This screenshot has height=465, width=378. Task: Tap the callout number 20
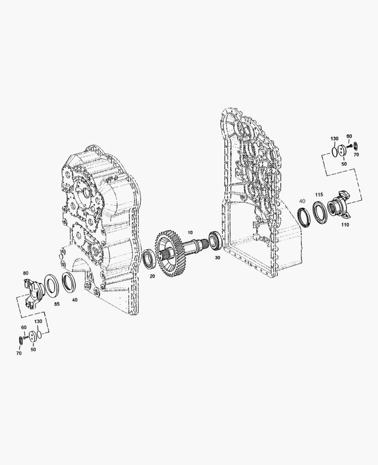coord(152,276)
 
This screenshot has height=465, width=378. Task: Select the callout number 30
coord(217,258)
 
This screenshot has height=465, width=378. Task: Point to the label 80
coord(26,273)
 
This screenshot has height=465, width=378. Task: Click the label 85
coord(57,304)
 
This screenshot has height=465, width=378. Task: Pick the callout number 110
coord(345,224)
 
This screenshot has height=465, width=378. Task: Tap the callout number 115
coord(319,195)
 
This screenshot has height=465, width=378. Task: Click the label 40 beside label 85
coord(75,300)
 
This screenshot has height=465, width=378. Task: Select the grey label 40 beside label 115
coord(302,201)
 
